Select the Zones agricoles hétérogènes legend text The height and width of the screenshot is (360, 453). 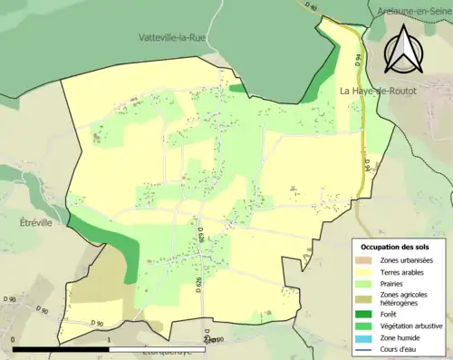(x=407, y=298)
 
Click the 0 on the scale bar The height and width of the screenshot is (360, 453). (x=14, y=340)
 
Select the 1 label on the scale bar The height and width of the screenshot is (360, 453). (x=110, y=340)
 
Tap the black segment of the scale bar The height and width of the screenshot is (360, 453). (x=62, y=348)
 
